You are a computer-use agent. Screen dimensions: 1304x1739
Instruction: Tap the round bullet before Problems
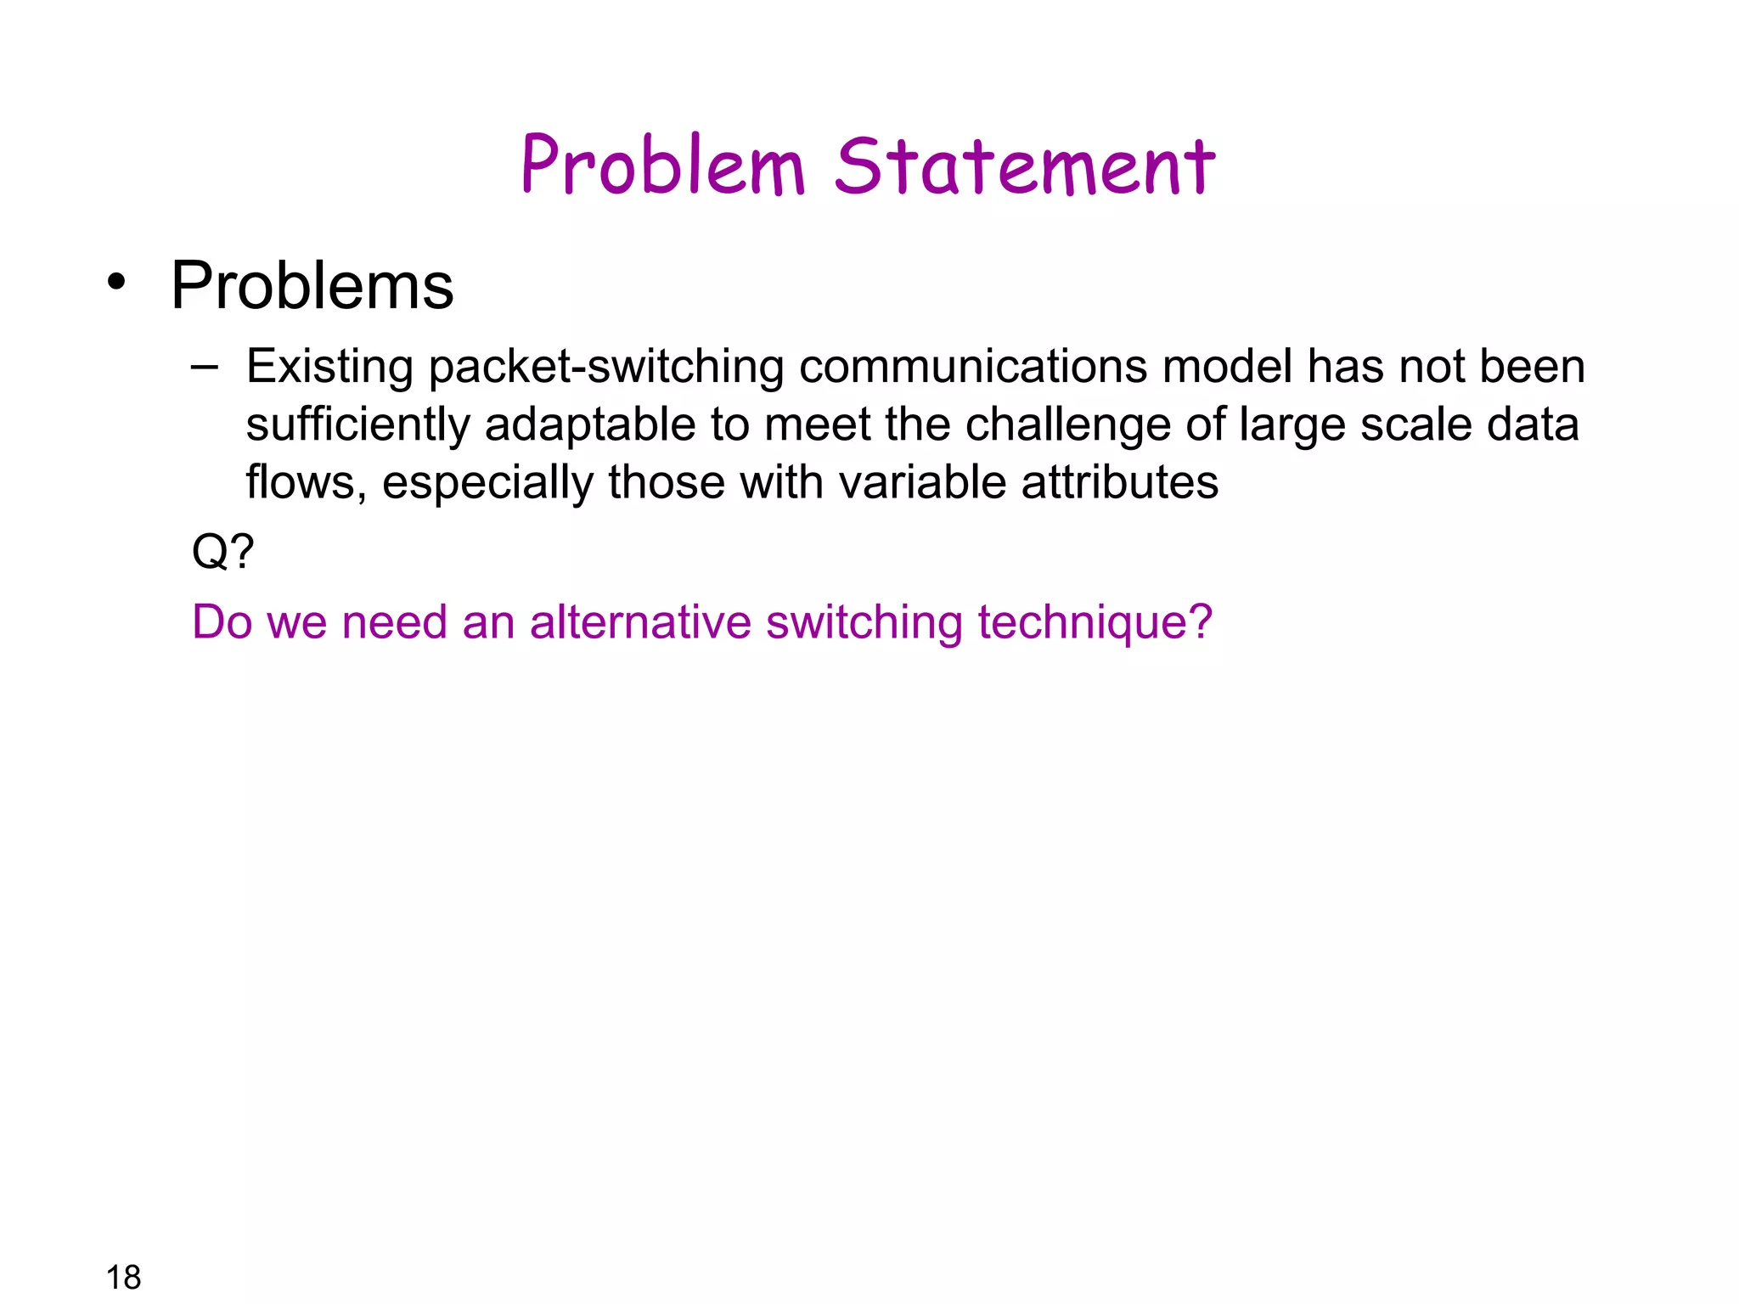[117, 283]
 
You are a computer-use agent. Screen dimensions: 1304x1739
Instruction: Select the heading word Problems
[312, 286]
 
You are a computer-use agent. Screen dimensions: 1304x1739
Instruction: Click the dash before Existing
[204, 367]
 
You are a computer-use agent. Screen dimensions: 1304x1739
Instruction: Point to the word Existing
[329, 367]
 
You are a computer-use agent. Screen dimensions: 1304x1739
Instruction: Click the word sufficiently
[357, 425]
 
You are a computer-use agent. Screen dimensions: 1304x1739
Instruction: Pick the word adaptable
[590, 425]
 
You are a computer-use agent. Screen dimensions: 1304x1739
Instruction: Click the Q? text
[222, 552]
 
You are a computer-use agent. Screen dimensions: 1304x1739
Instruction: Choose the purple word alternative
[640, 621]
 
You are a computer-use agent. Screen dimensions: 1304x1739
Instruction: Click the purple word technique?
[1095, 623]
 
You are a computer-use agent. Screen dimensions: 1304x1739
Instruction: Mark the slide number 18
[123, 1277]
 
